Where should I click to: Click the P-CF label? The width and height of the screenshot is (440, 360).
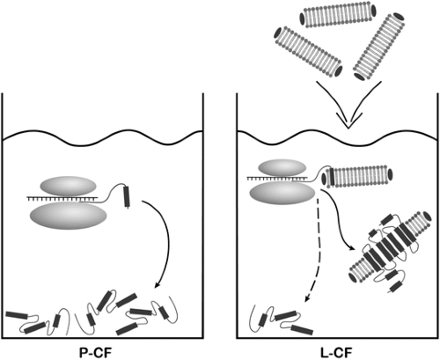pyautogui.click(x=95, y=352)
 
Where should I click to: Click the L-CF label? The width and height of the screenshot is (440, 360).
pyautogui.click(x=336, y=352)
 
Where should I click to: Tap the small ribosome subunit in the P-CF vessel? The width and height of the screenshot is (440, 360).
pyautogui.click(x=68, y=187)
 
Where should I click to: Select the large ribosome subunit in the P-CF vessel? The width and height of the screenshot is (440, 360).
pyautogui.click(x=69, y=216)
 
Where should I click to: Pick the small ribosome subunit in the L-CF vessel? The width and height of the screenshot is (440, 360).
pyautogui.click(x=282, y=168)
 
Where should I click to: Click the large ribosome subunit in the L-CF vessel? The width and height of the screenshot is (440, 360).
pyautogui.click(x=282, y=193)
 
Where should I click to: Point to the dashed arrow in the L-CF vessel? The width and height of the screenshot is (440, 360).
pyautogui.click(x=318, y=249)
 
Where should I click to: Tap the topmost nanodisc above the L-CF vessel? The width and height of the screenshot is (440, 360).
pyautogui.click(x=338, y=16)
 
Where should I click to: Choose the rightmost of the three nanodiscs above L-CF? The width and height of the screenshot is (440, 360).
pyautogui.click(x=378, y=47)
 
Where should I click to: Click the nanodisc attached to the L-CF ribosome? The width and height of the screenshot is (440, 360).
pyautogui.click(x=357, y=176)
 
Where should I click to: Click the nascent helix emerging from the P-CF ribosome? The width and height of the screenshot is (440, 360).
pyautogui.click(x=127, y=196)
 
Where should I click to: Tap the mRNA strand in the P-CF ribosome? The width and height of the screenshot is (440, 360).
pyautogui.click(x=62, y=199)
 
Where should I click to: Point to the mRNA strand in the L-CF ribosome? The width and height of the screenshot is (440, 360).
pyautogui.click(x=277, y=178)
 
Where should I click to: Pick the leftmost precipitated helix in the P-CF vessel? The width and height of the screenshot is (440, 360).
pyautogui.click(x=17, y=315)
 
